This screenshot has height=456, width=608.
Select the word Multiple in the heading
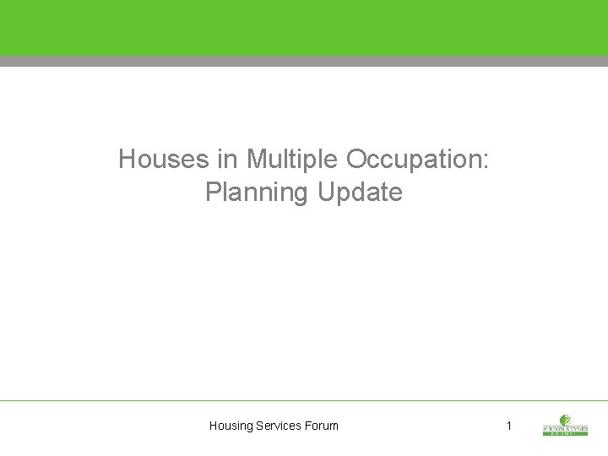tap(290, 159)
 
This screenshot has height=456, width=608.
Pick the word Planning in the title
tap(257, 193)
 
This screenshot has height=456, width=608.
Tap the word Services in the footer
tap(282, 426)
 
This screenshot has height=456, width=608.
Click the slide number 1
tap(508, 426)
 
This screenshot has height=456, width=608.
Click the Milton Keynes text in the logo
tap(566, 428)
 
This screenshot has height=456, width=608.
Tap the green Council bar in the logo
tap(566, 434)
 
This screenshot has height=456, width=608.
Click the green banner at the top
tap(304, 28)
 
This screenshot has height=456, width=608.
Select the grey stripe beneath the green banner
tap(304, 61)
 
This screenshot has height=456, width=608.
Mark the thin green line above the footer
tap(304, 400)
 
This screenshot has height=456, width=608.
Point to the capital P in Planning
tap(212, 193)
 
